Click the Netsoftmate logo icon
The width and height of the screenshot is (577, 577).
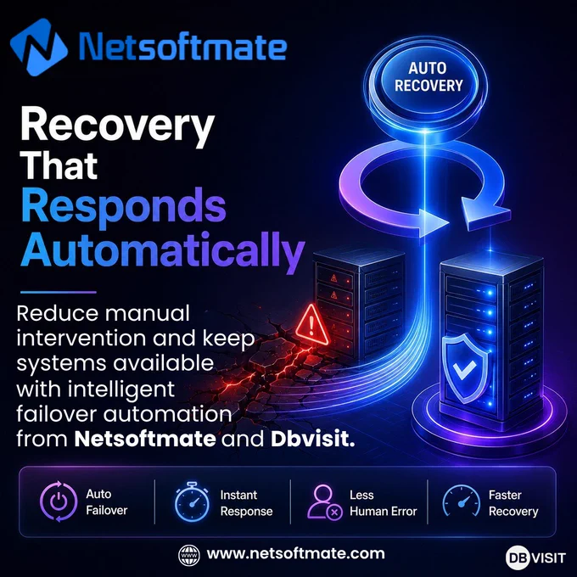(39, 47)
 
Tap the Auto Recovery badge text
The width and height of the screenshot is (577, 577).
(429, 77)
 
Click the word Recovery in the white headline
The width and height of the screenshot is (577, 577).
(117, 127)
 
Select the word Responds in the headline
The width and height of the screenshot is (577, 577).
(124, 207)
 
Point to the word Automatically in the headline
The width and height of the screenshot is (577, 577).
(163, 250)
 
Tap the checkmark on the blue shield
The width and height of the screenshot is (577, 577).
(464, 369)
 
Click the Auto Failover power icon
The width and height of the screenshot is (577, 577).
(59, 501)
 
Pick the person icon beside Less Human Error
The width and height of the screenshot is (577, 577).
(325, 502)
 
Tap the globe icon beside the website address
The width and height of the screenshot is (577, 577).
(189, 555)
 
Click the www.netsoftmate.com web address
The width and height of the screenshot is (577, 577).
(295, 554)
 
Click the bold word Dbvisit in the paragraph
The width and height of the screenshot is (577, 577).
(313, 439)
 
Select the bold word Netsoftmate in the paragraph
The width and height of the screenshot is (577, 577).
(145, 439)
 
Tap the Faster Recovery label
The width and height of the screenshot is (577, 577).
(513, 503)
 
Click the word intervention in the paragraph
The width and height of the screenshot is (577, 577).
(81, 339)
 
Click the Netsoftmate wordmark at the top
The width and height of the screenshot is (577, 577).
(183, 47)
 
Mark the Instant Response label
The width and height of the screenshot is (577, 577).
(247, 503)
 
